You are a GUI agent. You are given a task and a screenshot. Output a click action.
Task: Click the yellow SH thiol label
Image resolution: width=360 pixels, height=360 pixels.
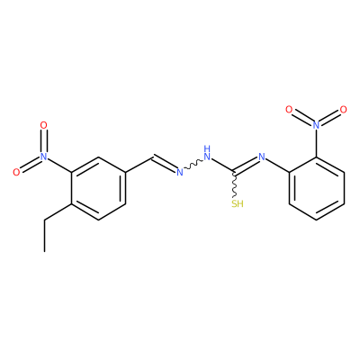click(x=238, y=204)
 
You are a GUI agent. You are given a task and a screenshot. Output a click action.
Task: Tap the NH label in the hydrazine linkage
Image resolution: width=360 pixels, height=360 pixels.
click(x=207, y=153)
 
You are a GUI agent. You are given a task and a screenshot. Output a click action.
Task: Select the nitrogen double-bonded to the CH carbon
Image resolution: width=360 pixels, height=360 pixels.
click(x=179, y=172)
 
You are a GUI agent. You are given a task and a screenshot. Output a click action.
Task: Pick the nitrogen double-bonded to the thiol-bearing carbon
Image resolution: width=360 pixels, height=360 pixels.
click(x=262, y=157)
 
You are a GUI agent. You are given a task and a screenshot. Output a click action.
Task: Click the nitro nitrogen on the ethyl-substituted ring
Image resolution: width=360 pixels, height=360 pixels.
click(x=44, y=157)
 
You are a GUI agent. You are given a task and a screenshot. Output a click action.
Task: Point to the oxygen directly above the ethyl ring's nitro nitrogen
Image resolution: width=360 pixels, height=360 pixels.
click(x=44, y=125)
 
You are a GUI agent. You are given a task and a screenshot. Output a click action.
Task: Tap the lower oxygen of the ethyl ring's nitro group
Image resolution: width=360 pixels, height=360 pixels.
click(x=16, y=172)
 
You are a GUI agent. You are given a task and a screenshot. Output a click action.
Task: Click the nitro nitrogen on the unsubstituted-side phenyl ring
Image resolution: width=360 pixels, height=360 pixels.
click(x=316, y=125)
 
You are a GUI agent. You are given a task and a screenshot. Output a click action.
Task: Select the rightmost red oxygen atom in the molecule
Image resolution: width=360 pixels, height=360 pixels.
click(x=343, y=110)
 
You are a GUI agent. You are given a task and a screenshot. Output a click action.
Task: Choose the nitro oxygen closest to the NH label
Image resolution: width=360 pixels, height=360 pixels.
click(x=289, y=110)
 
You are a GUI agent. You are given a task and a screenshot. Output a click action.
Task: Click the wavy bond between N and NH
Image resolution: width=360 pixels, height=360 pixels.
click(x=193, y=165)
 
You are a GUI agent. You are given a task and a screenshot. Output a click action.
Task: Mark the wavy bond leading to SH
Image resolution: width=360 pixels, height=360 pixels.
click(x=235, y=185)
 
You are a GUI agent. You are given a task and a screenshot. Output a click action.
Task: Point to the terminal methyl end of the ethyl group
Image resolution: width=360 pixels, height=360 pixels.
click(x=44, y=251)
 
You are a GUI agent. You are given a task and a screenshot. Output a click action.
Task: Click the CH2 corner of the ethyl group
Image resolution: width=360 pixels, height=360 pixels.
click(x=44, y=220)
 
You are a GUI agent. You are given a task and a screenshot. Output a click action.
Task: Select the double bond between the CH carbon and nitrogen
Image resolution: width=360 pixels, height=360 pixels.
click(x=165, y=164)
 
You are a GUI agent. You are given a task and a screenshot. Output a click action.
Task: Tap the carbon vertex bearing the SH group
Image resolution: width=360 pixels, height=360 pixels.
click(x=235, y=172)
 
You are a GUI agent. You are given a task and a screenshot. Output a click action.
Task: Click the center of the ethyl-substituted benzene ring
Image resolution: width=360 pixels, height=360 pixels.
click(x=98, y=188)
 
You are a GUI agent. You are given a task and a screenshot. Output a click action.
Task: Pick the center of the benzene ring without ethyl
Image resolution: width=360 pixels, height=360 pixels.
click(x=317, y=188)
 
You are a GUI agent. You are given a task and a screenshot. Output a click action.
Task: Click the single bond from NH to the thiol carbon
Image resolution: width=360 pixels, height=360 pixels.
click(x=223, y=166)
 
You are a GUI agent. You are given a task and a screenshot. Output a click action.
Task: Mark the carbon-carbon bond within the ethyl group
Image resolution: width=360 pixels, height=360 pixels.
click(x=44, y=236)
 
